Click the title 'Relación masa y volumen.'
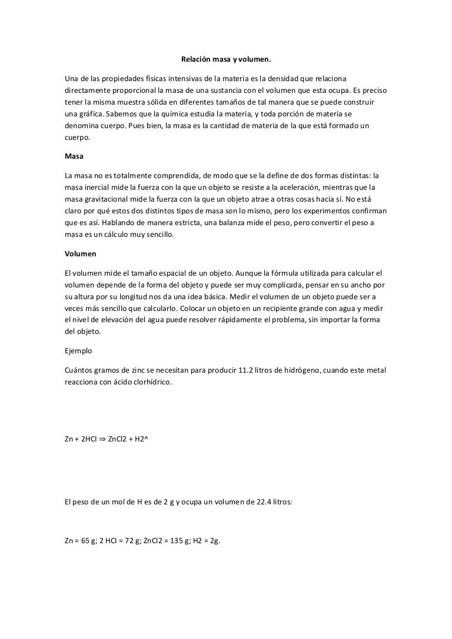[226, 59]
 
